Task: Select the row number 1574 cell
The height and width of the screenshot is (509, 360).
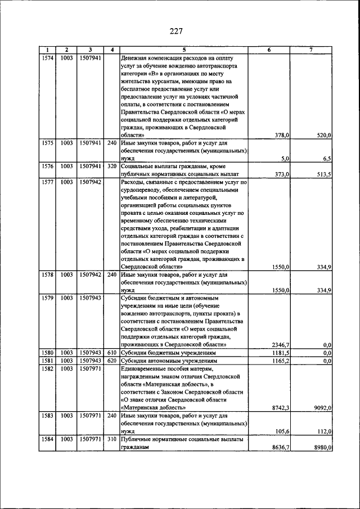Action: coord(48,57)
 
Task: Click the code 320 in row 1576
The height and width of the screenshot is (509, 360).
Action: coord(112,166)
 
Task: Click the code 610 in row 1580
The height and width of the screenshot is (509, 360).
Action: coord(112,353)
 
